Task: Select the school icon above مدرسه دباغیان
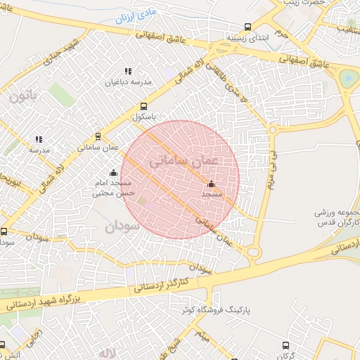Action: point(128,71)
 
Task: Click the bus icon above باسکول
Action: point(144,106)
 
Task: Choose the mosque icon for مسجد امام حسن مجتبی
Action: point(113,172)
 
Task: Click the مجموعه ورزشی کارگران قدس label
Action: point(335,219)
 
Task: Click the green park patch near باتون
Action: point(62,95)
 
